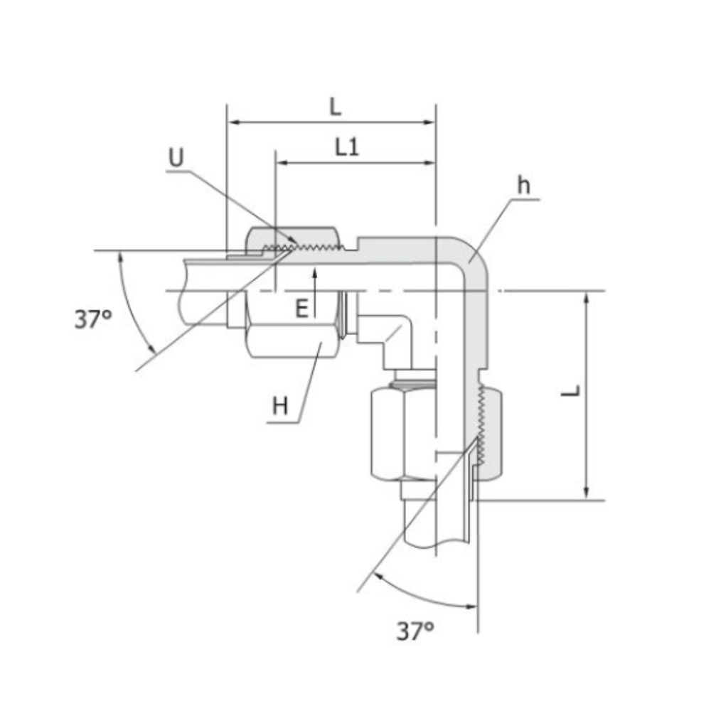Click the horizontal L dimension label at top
coord(335,107)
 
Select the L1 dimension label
coord(347,147)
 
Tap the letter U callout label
coord(176,157)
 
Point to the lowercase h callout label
coord(524,185)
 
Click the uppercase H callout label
coord(280,405)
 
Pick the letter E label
coord(301,309)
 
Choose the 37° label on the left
coord(93,319)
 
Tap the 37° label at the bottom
coord(415,631)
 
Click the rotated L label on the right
coord(571,390)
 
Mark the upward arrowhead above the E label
coord(315,272)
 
